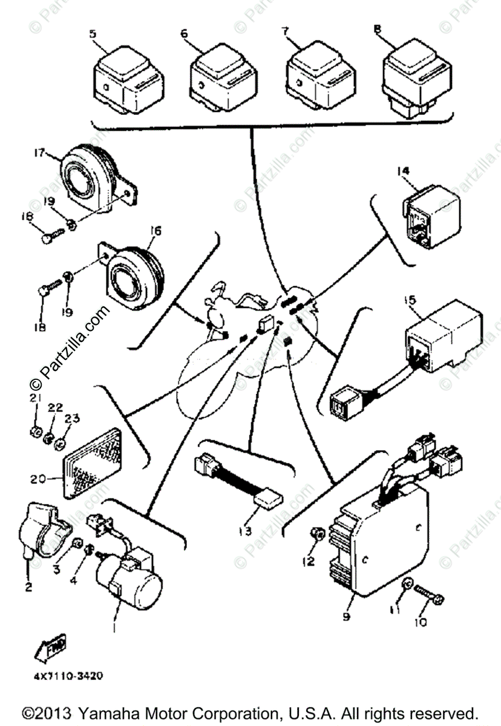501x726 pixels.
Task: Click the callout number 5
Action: click(93, 34)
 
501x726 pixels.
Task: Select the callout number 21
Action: click(35, 397)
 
